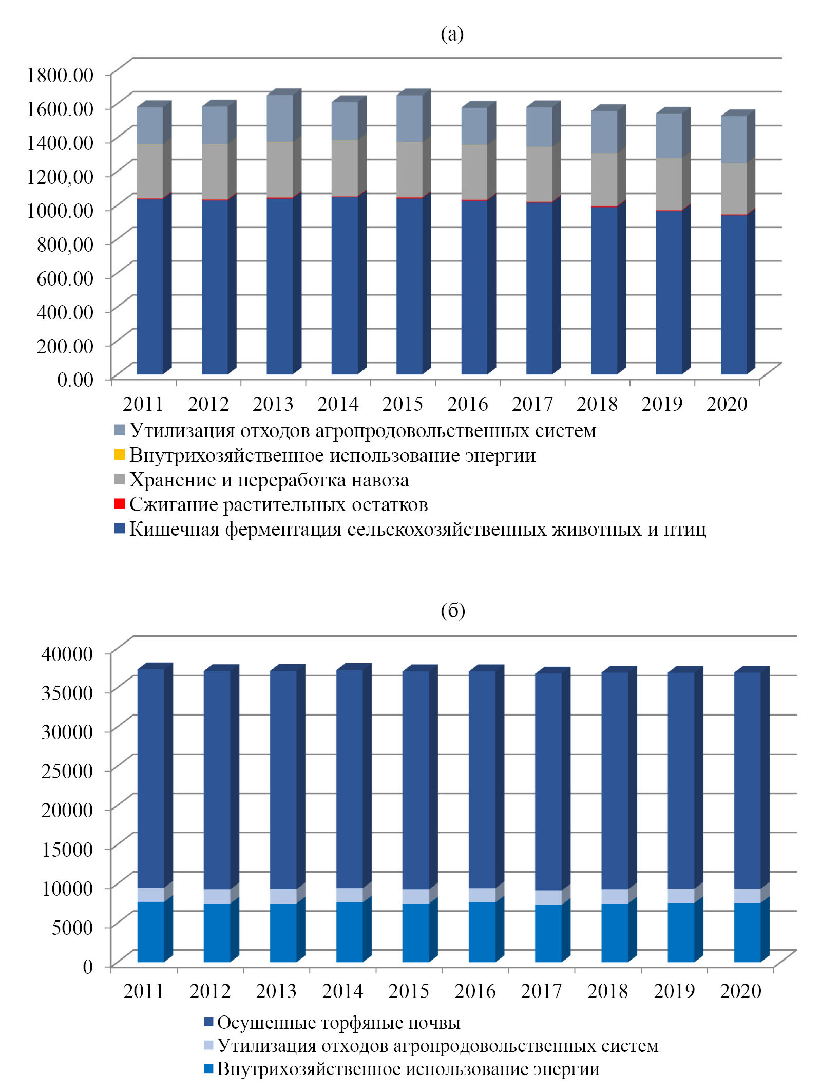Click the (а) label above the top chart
[452, 34]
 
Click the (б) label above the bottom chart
[452, 610]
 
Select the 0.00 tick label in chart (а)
[75, 379]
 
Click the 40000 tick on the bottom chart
[67, 654]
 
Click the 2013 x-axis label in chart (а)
[273, 404]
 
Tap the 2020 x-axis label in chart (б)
[740, 991]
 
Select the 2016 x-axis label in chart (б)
[475, 991]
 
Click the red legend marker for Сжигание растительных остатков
[119, 504]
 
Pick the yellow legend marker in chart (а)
[119, 455]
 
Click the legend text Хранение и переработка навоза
[269, 480]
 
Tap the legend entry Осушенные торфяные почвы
[339, 1023]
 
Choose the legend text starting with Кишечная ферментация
[417, 529]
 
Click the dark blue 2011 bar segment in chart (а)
[149, 288]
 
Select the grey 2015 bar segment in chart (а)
[410, 170]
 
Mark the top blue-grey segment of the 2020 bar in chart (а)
[733, 140]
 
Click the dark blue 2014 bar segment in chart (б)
[349, 781]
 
